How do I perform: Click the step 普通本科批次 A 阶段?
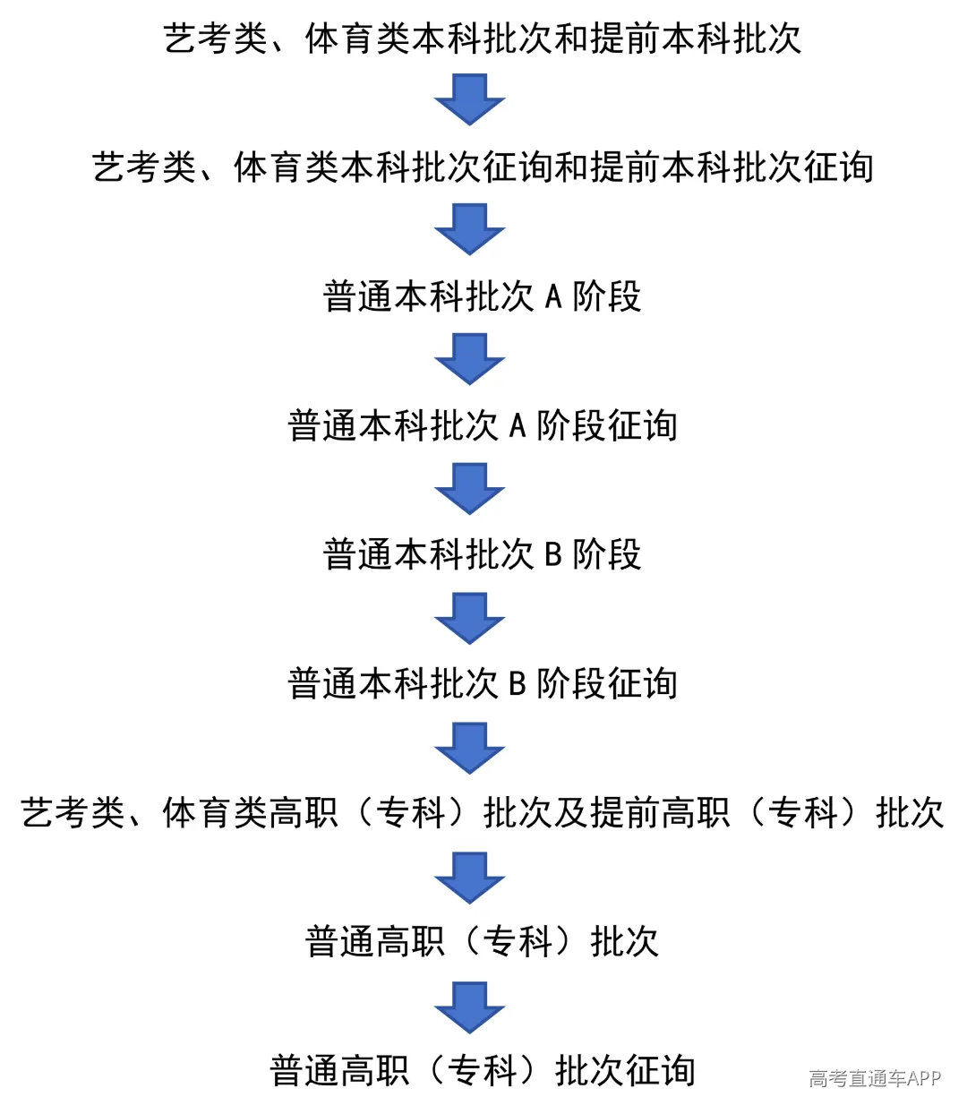482,297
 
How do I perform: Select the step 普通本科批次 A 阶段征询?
482,425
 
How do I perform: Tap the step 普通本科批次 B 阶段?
482,555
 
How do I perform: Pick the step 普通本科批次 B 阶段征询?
482,684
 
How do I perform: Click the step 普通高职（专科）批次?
482,941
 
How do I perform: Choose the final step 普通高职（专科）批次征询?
482,1070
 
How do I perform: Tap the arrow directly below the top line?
470,99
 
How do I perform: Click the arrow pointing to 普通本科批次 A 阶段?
470,229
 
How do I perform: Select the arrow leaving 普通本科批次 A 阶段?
470,359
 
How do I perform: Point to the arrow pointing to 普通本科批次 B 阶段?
470,488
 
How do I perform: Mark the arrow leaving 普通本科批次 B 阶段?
470,618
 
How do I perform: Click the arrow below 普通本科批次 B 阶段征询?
470,748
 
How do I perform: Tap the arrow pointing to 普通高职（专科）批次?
470,878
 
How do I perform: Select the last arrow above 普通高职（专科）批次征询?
470,1007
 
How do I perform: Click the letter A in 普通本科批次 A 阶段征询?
518,425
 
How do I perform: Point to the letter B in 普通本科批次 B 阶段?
552,555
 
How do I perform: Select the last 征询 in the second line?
839,167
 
